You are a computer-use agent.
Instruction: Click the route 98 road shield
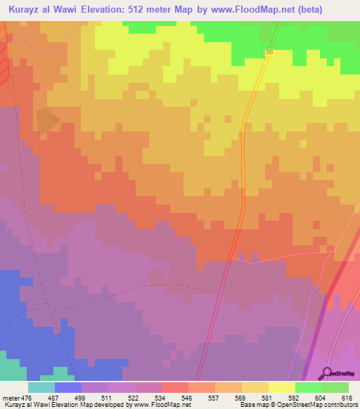270,53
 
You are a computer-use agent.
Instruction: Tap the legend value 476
27,398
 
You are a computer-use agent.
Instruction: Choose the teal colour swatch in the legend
41,387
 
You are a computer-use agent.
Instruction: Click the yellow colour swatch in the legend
281,387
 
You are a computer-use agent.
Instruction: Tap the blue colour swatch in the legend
67,387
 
